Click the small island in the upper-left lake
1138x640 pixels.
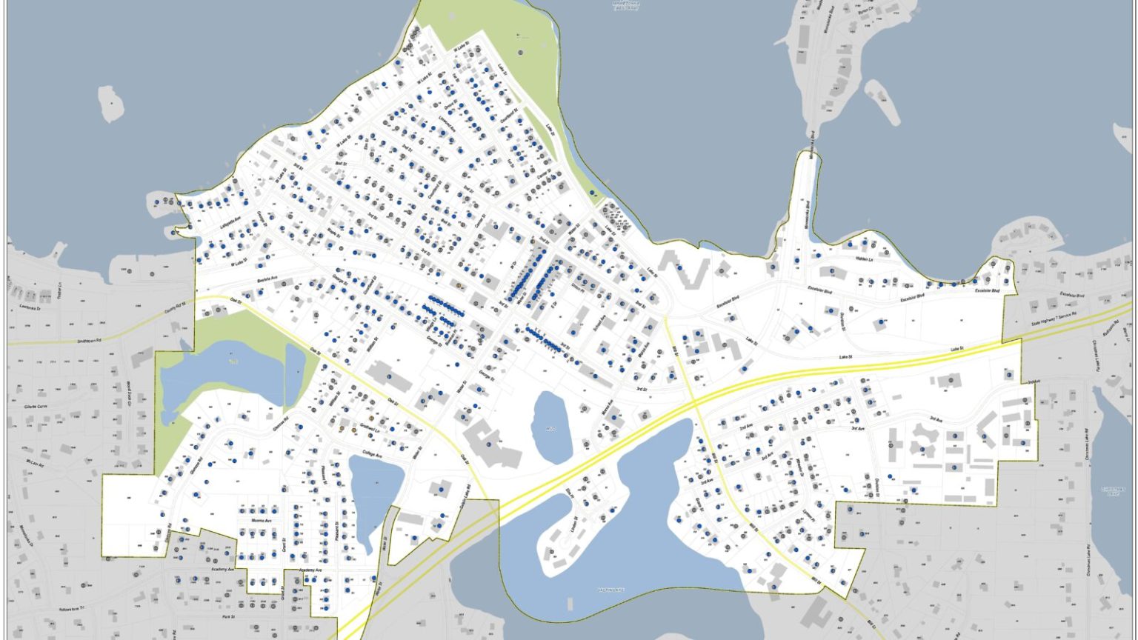pyautogui.click(x=110, y=103)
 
